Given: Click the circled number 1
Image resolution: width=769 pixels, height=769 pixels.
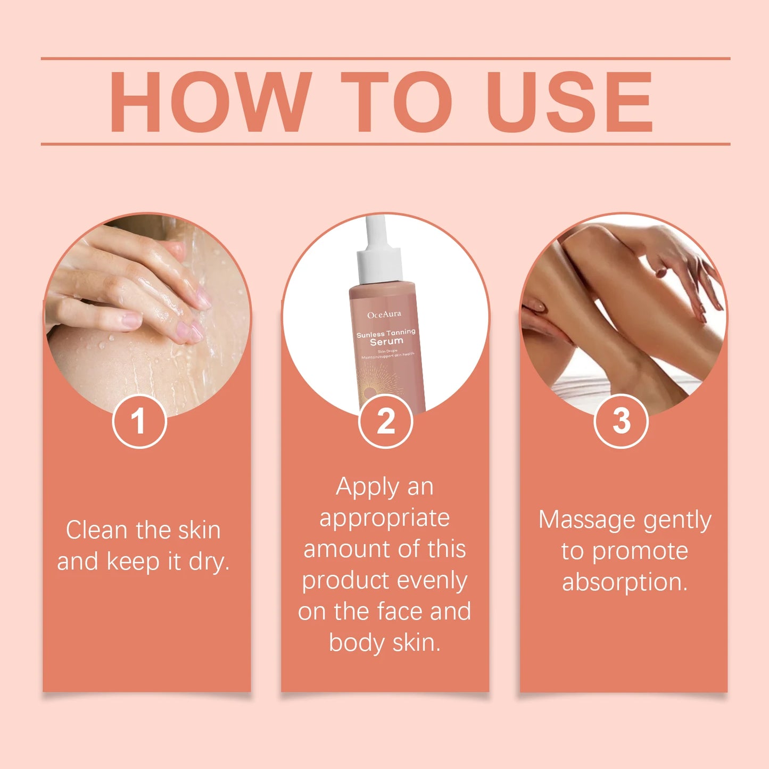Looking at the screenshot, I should [139, 421].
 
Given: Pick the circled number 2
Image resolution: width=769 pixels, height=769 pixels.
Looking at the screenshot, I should [385, 421].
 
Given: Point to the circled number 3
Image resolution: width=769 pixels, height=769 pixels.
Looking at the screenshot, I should [621, 421].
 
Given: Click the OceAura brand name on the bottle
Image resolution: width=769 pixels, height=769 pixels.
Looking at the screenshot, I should [384, 315].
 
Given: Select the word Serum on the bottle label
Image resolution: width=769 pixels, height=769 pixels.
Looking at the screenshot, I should [387, 342].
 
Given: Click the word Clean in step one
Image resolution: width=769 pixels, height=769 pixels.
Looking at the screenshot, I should [96, 530].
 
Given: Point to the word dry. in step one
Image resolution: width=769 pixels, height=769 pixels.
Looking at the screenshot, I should [209, 562].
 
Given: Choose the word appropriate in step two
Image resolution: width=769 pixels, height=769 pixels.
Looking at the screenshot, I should [384, 518].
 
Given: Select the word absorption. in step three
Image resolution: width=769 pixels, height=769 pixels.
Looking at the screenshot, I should [625, 582].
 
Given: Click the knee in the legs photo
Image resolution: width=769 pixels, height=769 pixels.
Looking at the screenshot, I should [591, 239].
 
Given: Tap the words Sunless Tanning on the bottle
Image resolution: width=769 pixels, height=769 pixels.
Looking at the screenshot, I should [386, 333].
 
